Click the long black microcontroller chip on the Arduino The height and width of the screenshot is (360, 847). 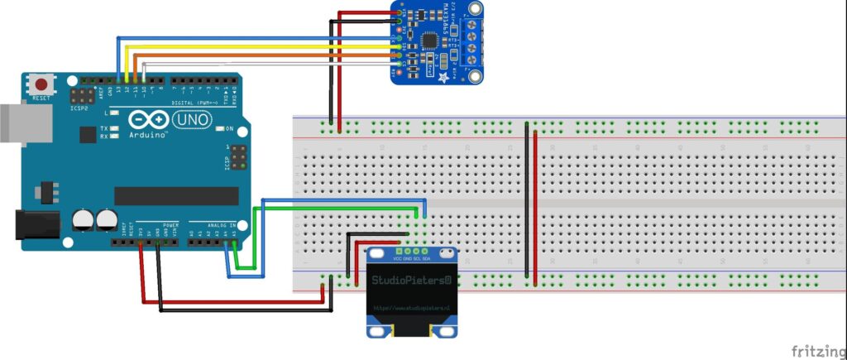pyautogui.click(x=175, y=195)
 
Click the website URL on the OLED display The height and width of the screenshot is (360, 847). pyautogui.click(x=411, y=308)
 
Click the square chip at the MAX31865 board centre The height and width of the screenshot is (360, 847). pyautogui.click(x=430, y=39)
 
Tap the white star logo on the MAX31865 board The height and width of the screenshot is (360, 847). pyautogui.click(x=445, y=77)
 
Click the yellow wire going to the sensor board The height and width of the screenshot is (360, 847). pyautogui.click(x=248, y=46)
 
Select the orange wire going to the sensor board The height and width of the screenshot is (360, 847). pyautogui.click(x=248, y=55)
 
